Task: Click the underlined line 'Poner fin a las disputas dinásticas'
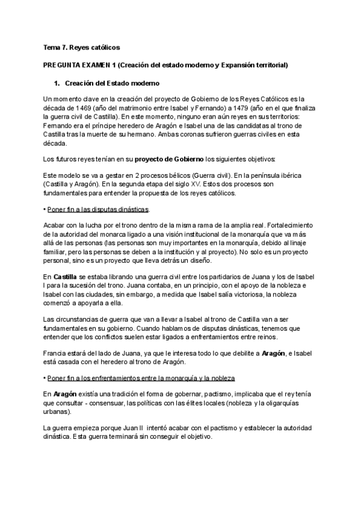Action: [x=97, y=210]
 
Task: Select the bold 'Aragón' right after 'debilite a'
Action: [x=265, y=352]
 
